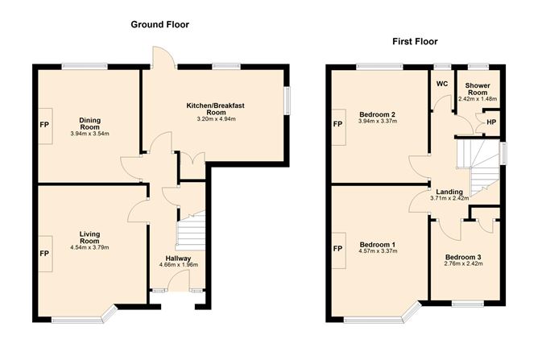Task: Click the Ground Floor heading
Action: (159, 24)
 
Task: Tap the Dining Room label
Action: (89, 123)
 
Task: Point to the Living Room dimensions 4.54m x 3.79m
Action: (89, 247)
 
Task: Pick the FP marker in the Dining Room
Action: (43, 126)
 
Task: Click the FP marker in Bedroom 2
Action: (337, 125)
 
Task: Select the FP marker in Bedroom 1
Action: (337, 247)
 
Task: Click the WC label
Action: (441, 84)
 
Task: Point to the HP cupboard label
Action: (491, 122)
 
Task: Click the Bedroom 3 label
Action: (462, 258)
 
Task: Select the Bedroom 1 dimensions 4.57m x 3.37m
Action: (378, 250)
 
